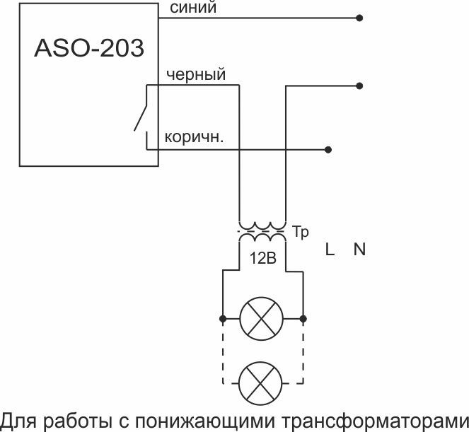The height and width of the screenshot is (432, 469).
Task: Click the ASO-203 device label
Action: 89,49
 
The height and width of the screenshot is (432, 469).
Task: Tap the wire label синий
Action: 193,8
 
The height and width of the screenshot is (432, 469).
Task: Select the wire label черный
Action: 195,74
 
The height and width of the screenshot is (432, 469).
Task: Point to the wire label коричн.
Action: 194,137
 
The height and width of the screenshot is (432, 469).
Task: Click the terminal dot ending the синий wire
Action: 360,18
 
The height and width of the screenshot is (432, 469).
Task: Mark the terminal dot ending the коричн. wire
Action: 328,150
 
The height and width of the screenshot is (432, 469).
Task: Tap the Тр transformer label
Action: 301,233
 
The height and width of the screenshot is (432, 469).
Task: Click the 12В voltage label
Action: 262,258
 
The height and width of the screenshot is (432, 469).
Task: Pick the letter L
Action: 330,250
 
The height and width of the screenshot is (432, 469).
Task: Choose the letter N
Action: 359,250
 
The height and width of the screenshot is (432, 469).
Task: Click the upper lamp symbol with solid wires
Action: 262,318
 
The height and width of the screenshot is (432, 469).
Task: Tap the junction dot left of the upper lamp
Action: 222,318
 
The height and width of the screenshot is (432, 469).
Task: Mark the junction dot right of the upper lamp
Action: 303,318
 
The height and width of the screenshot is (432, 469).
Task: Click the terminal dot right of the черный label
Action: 360,86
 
